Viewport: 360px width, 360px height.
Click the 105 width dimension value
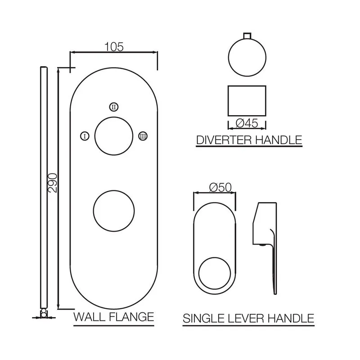click(x=114, y=47)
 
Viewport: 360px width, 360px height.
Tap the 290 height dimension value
click(x=53, y=183)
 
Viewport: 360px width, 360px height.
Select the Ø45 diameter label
click(x=247, y=123)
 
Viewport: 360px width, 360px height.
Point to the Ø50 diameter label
click(x=220, y=188)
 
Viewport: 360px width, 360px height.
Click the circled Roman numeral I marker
click(x=85, y=136)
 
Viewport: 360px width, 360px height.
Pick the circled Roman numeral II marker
click(x=114, y=107)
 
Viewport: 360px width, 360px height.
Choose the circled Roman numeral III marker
click(x=143, y=136)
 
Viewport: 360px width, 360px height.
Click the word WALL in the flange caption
click(x=89, y=317)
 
